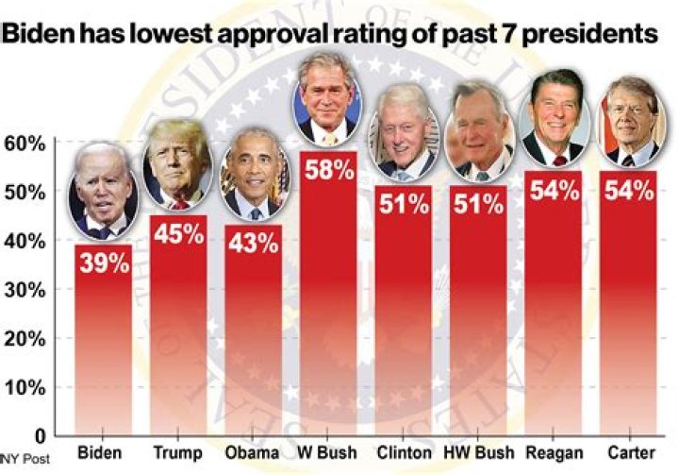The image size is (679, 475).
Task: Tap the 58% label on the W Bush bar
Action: (328, 171)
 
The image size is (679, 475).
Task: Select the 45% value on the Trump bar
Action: (178, 233)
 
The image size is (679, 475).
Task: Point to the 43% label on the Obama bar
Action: (253, 243)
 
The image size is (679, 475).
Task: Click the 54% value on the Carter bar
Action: (627, 190)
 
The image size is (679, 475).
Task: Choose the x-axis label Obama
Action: (253, 452)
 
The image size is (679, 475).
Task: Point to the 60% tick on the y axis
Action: (25, 144)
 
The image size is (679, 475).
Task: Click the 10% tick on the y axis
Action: (25, 387)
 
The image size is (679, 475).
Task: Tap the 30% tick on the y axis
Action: (25, 290)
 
